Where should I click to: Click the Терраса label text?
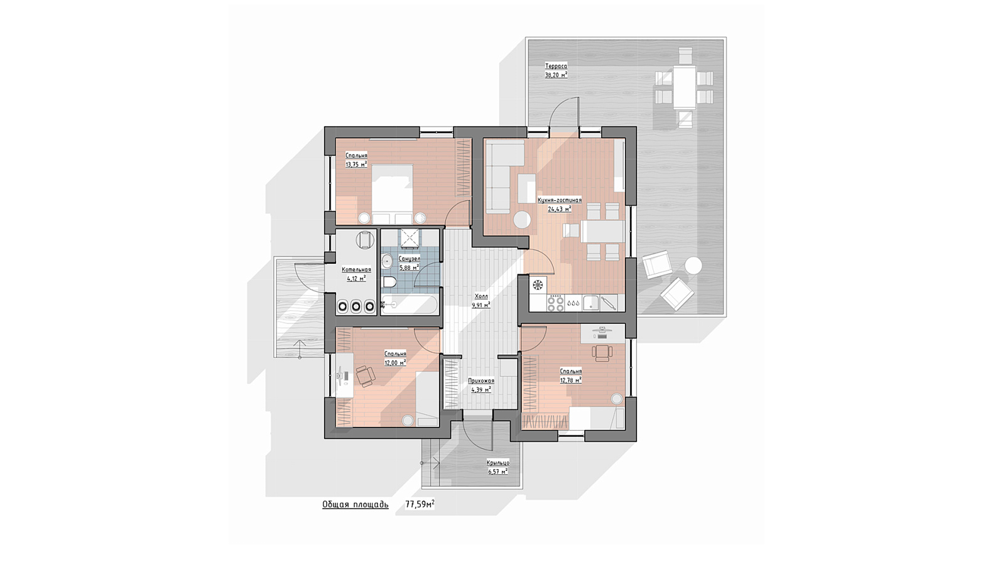[556, 67]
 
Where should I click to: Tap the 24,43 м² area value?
[560, 208]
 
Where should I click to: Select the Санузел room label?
[409, 259]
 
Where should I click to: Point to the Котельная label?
[356, 269]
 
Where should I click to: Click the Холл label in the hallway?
[481, 296]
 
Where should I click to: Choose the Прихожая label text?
[481, 380]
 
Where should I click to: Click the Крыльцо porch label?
[498, 463]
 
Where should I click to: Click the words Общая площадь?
[356, 505]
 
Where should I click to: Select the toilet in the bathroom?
[389, 282]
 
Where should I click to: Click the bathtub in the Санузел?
[410, 305]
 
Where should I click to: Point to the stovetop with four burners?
[555, 303]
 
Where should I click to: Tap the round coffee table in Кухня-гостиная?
[522, 220]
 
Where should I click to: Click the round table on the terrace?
[693, 265]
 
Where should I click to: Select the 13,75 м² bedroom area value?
[356, 164]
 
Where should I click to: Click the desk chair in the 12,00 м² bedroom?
[366, 376]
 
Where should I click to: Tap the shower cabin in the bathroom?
[409, 238]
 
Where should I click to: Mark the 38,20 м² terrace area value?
[556, 75]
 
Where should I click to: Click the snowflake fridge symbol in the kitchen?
[538, 285]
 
